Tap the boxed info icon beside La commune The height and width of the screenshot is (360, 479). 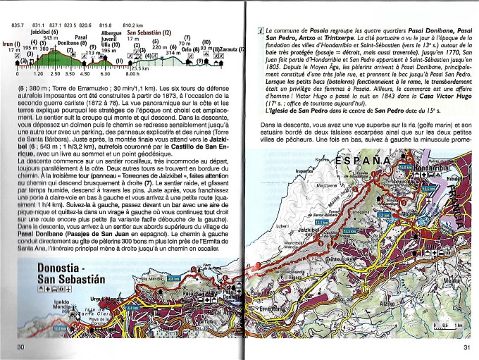(x=261, y=32)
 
